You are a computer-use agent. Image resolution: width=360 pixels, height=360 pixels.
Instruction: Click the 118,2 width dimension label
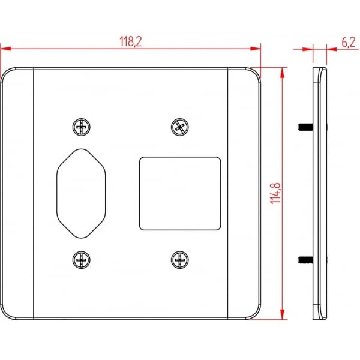pos(131,41)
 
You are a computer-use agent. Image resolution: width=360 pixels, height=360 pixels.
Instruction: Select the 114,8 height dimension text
pos(275,193)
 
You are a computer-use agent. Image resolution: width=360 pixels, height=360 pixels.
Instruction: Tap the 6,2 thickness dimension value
pos(349,42)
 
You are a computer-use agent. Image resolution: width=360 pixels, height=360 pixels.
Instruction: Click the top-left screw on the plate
pos(81,127)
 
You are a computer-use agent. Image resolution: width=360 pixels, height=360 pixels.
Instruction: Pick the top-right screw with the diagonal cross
pos(180,127)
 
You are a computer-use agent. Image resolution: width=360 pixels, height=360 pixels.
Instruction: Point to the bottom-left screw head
pos(81,260)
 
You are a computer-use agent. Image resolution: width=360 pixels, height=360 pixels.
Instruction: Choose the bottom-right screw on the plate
pos(180,260)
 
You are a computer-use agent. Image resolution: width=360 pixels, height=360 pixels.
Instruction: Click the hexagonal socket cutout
pos(81,193)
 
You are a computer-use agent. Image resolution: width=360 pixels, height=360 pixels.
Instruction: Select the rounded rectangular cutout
pos(180,194)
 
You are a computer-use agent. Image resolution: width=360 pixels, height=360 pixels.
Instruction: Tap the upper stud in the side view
pos(305,127)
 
